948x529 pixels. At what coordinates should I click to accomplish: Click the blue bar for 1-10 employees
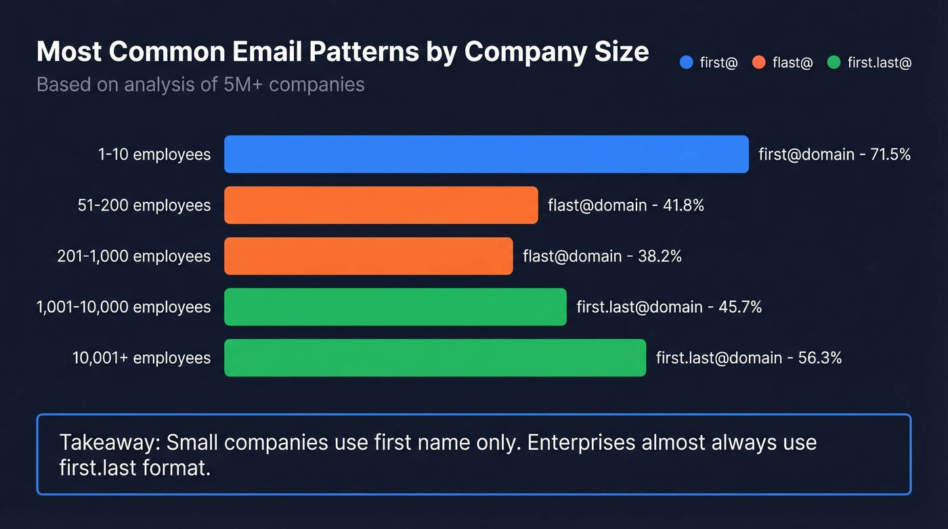pos(486,154)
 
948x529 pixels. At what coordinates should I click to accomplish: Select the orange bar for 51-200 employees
pos(381,205)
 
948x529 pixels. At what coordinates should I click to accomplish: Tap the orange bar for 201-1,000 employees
pos(368,256)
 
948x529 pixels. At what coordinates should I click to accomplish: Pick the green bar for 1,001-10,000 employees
pos(395,307)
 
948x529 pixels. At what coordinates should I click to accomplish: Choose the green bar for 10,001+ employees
pos(435,358)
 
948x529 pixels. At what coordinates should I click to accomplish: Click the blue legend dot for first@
pos(686,63)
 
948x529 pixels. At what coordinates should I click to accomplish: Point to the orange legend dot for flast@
pos(758,63)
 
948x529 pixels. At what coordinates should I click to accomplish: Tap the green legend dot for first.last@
pos(834,63)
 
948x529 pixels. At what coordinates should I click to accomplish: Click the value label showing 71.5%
pos(834,154)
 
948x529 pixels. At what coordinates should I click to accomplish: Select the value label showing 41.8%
pos(626,205)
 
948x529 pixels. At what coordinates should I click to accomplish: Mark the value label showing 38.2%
pos(602,256)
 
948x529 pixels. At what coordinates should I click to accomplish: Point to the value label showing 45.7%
pos(669,307)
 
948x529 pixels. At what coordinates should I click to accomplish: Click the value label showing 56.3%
pos(749,358)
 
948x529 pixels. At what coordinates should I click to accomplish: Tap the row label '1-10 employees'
pos(154,154)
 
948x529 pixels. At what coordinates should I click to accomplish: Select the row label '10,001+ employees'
pos(142,358)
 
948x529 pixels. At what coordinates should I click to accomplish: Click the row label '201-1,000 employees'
pos(134,256)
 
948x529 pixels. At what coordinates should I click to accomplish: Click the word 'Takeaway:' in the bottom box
pos(109,443)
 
